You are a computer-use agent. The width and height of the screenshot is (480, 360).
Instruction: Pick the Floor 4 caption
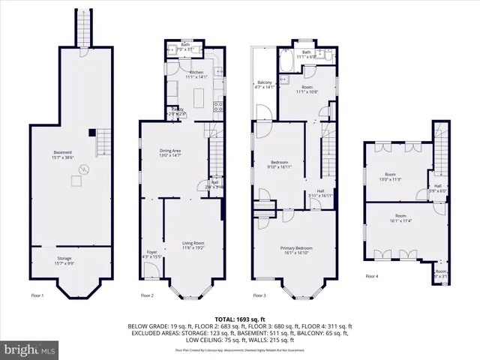(372, 276)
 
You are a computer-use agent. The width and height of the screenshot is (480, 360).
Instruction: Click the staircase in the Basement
(104, 139)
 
